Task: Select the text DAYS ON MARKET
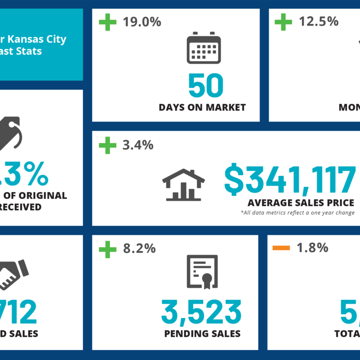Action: (202, 108)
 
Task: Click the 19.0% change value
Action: (142, 22)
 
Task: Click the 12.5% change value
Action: (319, 21)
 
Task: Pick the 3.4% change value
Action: (138, 145)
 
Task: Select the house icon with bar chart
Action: (184, 184)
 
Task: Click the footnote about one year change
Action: (297, 213)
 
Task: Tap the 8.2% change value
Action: (139, 248)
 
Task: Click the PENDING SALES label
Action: (202, 333)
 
